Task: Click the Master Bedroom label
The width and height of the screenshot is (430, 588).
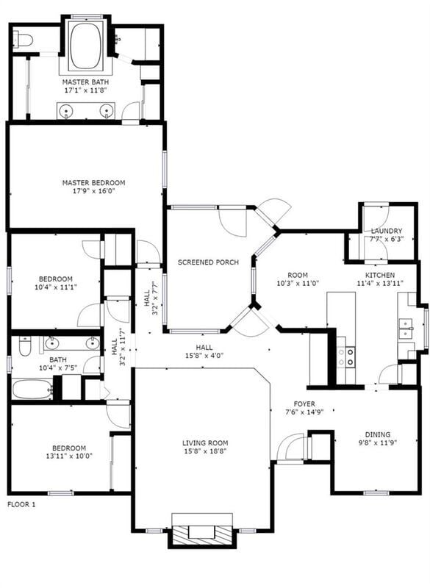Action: [x=93, y=182]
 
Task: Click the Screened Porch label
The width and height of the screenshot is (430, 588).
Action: [x=208, y=262]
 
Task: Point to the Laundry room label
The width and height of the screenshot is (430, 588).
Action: [x=386, y=231]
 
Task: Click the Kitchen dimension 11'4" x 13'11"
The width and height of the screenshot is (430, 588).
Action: [x=381, y=283]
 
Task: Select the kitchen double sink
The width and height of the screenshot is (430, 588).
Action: [x=406, y=329]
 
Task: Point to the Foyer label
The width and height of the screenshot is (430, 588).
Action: [x=304, y=404]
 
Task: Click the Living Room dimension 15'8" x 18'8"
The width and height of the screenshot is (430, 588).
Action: [x=205, y=452]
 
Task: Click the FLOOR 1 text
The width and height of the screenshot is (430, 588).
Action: [x=21, y=504]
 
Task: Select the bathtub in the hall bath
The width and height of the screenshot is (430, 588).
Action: [x=32, y=389]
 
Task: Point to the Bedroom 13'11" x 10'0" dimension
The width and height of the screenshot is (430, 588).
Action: [x=68, y=456]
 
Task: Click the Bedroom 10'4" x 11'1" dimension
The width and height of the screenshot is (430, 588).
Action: [x=56, y=287]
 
